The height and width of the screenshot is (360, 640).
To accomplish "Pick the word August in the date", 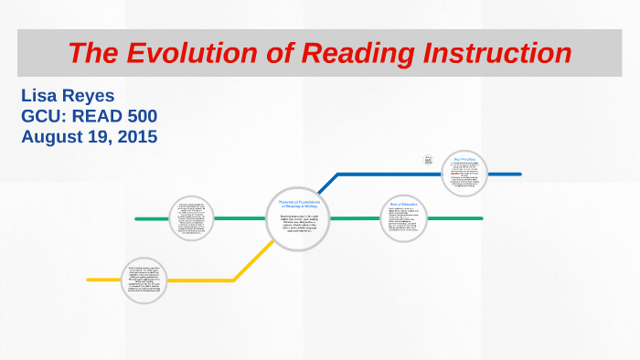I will [x=51, y=137].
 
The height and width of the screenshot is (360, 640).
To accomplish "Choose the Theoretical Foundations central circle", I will [x=298, y=219].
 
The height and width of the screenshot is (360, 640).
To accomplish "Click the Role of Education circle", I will [x=404, y=219].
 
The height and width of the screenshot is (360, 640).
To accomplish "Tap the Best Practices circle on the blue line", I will [x=464, y=173].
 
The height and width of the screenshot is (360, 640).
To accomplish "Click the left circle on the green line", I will [x=197, y=219].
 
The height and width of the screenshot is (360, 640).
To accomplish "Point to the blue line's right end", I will [x=519, y=174].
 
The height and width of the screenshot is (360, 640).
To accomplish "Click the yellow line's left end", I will [x=89, y=280].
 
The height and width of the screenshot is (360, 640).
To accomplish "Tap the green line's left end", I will [x=136, y=219].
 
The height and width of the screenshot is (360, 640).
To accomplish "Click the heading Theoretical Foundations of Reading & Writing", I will [x=298, y=204].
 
